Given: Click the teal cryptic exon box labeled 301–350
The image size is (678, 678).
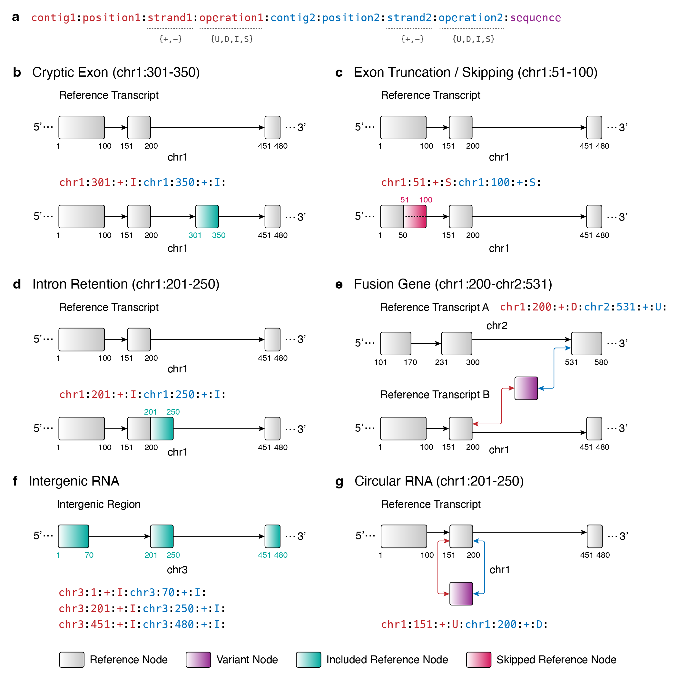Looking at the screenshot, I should (x=207, y=217).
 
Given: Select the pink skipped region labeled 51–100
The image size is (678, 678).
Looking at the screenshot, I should (x=415, y=217).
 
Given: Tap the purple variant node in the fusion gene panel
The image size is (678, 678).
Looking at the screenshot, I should (x=526, y=388).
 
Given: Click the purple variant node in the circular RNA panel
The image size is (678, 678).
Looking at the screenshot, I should (x=461, y=594).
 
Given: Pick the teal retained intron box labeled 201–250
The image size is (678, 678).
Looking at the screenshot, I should (x=162, y=428).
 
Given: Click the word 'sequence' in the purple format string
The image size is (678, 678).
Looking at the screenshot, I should (x=535, y=17).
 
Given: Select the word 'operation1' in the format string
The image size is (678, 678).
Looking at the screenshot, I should (x=231, y=17).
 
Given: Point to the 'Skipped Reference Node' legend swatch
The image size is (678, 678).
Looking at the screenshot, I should (x=478, y=659).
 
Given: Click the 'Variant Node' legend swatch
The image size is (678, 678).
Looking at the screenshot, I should (x=198, y=659).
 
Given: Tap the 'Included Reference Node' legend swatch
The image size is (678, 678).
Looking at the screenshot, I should (x=308, y=659).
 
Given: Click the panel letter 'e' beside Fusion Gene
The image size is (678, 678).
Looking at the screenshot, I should (x=339, y=284).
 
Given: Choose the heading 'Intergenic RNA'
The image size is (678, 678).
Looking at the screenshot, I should (x=74, y=481).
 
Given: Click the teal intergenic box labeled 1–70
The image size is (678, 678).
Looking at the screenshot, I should (x=73, y=536).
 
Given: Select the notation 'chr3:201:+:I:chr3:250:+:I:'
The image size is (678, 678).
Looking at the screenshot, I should (x=142, y=608).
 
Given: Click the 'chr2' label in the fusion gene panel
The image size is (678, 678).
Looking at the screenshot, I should (x=496, y=326).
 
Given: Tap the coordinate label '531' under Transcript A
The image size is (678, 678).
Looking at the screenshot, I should (x=571, y=362).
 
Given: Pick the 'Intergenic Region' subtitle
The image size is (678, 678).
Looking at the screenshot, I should (x=99, y=504).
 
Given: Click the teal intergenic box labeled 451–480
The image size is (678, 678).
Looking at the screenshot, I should (x=272, y=536).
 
